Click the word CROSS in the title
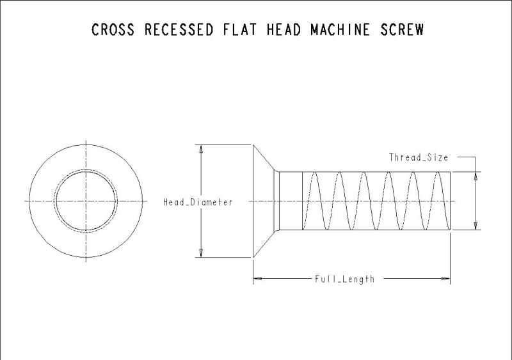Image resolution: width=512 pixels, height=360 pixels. (113, 30)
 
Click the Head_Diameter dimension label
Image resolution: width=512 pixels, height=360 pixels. (198, 202)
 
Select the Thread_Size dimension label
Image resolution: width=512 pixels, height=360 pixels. (419, 157)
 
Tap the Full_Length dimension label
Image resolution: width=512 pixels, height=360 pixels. (344, 279)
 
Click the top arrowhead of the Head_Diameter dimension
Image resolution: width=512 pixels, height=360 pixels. (201, 149)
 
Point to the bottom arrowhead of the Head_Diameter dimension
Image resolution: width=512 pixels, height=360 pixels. (201, 253)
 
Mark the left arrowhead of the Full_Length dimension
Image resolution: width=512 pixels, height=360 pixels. (257, 279)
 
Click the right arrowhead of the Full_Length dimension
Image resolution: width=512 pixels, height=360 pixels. (446, 279)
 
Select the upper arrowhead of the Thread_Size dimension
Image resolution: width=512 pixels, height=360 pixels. (476, 176)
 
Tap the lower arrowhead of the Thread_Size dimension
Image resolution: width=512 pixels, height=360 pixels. (476, 225)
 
